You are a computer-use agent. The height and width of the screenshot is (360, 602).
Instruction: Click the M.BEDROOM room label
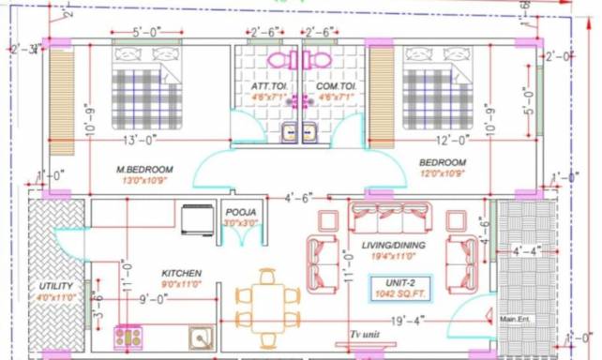[x=144, y=169]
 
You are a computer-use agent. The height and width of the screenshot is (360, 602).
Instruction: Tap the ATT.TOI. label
[x=267, y=86]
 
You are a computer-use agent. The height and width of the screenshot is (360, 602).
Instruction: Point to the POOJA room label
[x=241, y=213]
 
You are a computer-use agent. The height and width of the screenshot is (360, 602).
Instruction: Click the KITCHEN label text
[x=180, y=274]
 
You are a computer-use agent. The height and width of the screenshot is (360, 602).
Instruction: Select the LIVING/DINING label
[x=394, y=246]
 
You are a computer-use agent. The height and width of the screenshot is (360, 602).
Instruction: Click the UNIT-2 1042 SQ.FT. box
[x=402, y=287]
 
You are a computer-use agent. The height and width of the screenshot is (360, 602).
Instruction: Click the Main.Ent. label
[x=516, y=319]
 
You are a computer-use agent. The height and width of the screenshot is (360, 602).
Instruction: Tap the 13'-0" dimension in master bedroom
[x=139, y=141]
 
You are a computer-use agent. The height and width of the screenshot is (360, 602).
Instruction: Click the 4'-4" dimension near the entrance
[x=527, y=251]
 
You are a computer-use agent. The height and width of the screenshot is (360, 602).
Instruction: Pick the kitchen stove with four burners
[x=128, y=336]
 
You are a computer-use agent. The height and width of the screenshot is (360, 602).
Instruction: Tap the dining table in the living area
[x=267, y=307]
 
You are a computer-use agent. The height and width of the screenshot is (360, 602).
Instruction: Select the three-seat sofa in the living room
[x=390, y=217]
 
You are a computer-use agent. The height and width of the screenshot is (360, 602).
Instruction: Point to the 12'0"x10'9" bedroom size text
[x=443, y=174]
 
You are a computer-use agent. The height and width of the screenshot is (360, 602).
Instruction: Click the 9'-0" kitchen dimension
[x=154, y=300]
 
